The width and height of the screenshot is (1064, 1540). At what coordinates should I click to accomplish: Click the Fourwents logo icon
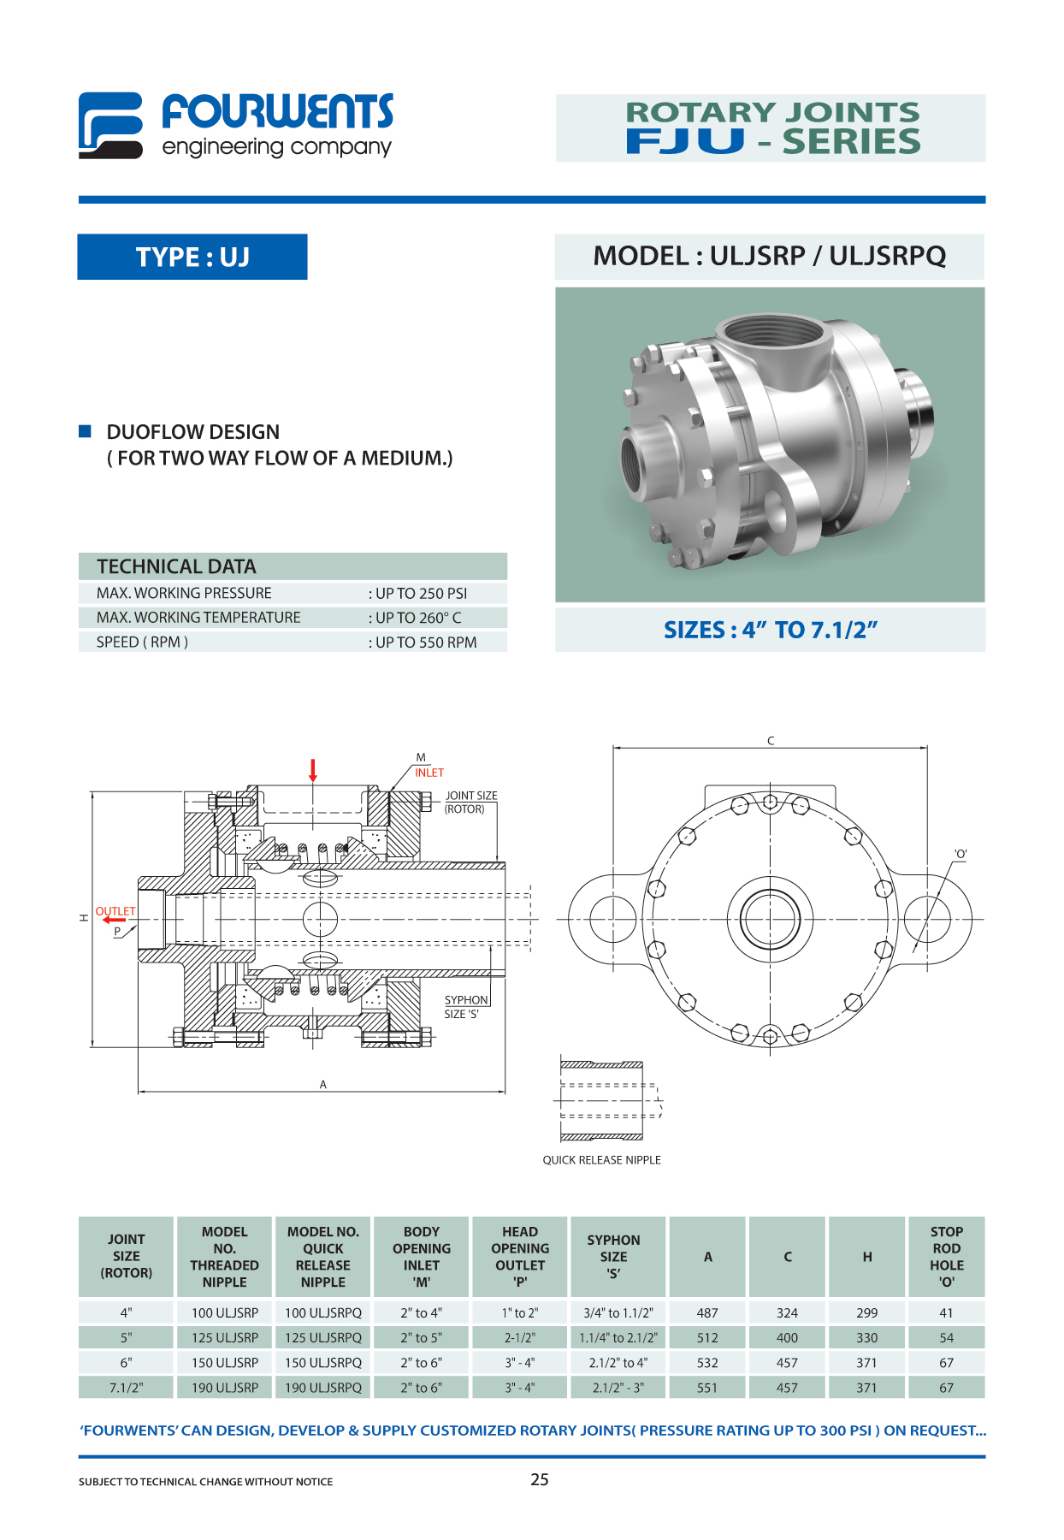coord(110,126)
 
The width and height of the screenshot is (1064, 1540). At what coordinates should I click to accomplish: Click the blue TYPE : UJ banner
coord(192,257)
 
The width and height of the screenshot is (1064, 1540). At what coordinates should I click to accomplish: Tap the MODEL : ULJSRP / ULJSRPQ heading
coord(770,256)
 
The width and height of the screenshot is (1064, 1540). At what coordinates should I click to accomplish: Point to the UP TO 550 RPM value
coord(423,643)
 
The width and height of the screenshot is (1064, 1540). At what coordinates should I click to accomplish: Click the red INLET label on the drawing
coord(429,773)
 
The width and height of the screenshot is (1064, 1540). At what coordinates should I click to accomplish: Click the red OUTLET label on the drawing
coord(115,911)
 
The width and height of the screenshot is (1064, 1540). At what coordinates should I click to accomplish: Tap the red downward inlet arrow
coord(313,770)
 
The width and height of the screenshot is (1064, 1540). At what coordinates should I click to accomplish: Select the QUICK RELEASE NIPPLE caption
coord(602,1160)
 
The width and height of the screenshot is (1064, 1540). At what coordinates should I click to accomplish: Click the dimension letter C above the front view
coord(771,741)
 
